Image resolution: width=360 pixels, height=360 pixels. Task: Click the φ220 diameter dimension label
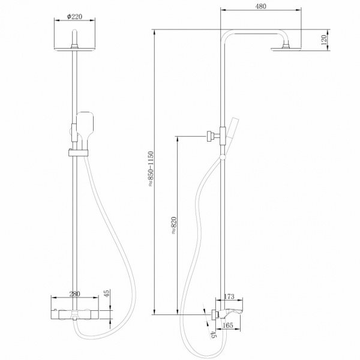pos(75,17)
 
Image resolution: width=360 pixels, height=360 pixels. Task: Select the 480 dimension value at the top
pos(260,7)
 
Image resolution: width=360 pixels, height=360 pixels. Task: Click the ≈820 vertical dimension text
pos(174,222)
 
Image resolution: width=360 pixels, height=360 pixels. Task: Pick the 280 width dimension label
pos(74,293)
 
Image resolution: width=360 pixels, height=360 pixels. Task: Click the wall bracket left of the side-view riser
pos(211,136)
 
